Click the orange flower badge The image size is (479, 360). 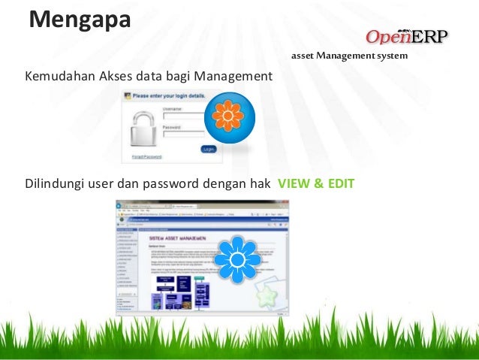pyautogui.click(x=229, y=117)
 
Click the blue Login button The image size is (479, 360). pyautogui.click(x=208, y=150)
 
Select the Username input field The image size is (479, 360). pyautogui.click(x=188, y=116)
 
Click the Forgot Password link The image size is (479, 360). pyautogui.click(x=147, y=156)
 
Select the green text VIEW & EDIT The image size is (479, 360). pyautogui.click(x=316, y=183)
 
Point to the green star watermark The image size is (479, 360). pyautogui.click(x=266, y=295)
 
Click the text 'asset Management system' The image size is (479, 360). pyautogui.click(x=349, y=56)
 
